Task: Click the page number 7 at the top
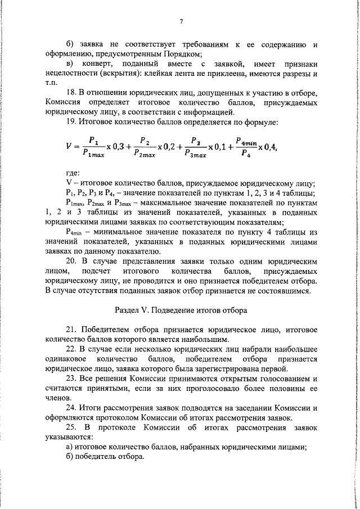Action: click(182, 22)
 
